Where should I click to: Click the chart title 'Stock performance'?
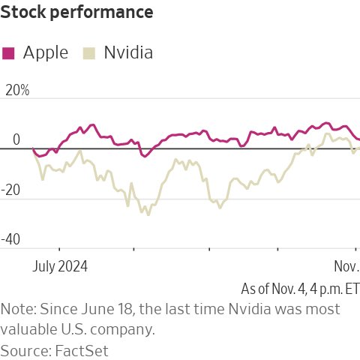(x=77, y=13)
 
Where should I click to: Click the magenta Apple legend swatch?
(x=9, y=52)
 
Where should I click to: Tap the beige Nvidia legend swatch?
(x=89, y=52)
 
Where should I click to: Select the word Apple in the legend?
(x=46, y=52)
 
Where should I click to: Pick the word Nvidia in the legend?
(x=128, y=52)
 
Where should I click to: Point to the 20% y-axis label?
(x=16, y=91)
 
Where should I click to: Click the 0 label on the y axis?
(x=16, y=141)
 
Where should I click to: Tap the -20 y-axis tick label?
(x=14, y=191)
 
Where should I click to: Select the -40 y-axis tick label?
(x=14, y=241)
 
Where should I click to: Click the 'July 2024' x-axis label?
(x=60, y=266)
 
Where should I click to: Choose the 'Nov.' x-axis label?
(x=346, y=266)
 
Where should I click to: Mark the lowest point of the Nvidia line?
(x=148, y=214)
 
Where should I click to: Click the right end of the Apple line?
(x=359, y=139)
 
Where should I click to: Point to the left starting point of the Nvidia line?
(x=33, y=148)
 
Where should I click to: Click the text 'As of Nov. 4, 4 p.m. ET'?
(x=300, y=289)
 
